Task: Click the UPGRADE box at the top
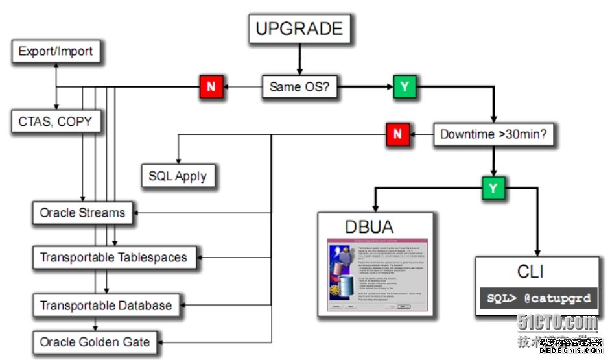pos(299,29)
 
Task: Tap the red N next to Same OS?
pos(211,86)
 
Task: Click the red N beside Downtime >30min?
pos(397,135)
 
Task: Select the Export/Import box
pos(56,51)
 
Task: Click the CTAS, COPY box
pos(56,121)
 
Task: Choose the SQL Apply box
pos(178,176)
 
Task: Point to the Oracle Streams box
pos(82,213)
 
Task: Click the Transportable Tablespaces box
pos(113,258)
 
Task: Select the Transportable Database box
pos(106,305)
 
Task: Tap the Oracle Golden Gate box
pos(95,342)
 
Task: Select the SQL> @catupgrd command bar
pos(539,299)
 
